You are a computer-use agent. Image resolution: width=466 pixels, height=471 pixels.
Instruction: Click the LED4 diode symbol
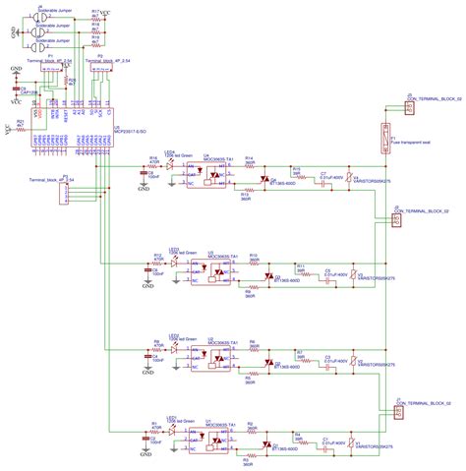coord(170,165)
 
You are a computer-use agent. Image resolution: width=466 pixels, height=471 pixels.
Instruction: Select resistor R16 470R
coord(153,165)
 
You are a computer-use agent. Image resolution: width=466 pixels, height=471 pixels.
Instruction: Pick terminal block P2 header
coord(99,67)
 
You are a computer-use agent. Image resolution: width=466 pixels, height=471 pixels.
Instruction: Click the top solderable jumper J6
coord(38,14)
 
